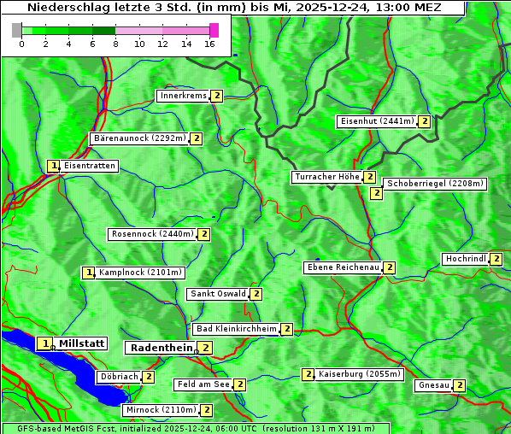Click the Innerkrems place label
point(183,96)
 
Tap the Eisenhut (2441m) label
point(377,121)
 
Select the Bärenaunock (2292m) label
point(138,138)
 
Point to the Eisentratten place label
point(89,166)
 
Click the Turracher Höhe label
point(326,177)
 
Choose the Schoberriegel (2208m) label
point(435,183)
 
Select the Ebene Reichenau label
point(343,267)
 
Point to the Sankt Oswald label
point(218,294)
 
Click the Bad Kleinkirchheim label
point(237,329)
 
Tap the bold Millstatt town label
point(82,343)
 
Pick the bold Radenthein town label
point(161,348)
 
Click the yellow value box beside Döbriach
point(149,377)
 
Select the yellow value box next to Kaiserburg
point(308,373)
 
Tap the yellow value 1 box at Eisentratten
point(53,166)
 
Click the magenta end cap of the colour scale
point(214,30)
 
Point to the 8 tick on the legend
point(115,44)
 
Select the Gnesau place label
point(432,385)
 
